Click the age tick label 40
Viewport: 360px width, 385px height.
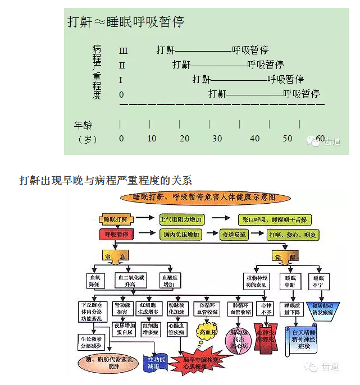point(254,139)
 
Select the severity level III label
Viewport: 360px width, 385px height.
point(123,51)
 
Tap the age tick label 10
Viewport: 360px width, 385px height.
point(152,139)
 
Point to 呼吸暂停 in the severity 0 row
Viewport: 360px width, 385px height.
point(301,94)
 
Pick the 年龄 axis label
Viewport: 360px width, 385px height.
point(83,123)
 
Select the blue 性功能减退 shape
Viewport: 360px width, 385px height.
point(157,363)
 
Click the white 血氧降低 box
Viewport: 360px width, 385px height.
point(94,281)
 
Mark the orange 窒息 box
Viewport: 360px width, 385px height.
point(114,256)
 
